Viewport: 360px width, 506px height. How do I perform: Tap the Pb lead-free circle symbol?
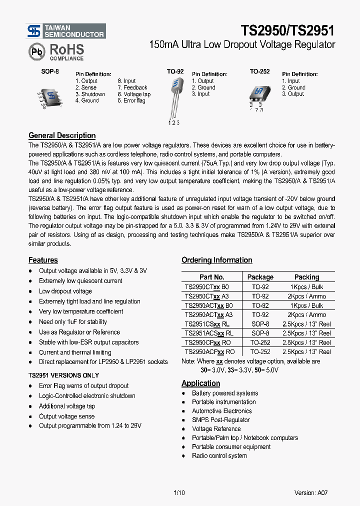point(36,51)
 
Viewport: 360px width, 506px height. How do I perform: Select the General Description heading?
point(62,135)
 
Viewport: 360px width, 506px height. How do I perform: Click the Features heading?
point(43,260)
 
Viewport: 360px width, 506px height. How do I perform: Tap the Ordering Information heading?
point(216,260)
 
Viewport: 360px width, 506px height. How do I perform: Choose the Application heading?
point(200,383)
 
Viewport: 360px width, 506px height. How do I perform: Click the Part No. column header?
point(211,277)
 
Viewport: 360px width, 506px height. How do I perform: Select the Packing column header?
point(306,277)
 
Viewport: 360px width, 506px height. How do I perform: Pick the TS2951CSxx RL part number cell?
point(208,324)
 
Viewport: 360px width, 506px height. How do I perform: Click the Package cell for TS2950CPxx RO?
point(260,342)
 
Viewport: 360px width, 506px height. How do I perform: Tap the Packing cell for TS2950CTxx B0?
point(306,287)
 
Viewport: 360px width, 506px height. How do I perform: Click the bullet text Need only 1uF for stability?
point(73,322)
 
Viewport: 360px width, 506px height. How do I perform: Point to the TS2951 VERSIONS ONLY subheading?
point(63,375)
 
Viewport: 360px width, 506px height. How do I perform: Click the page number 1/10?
point(179,492)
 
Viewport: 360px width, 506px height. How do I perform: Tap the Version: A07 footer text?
point(311,492)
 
